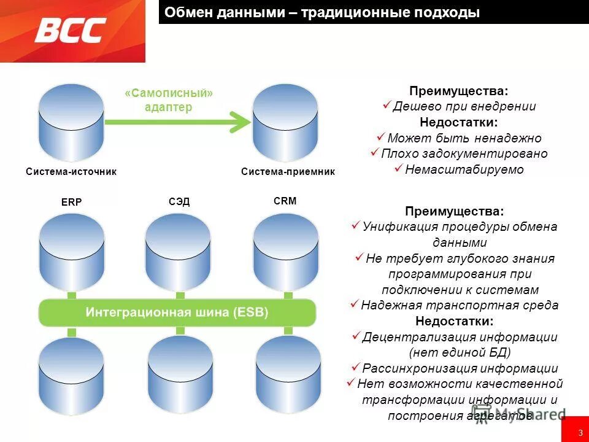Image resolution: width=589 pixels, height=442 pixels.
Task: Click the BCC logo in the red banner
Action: tap(71, 30)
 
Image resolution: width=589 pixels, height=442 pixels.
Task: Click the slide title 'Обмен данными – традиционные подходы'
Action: tap(322, 12)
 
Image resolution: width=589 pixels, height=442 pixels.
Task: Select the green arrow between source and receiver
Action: tap(178, 122)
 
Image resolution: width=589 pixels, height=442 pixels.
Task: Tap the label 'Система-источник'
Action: tap(71, 172)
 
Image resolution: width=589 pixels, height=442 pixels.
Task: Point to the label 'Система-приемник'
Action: tap(288, 172)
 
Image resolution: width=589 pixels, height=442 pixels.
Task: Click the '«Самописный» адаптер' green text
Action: tap(169, 100)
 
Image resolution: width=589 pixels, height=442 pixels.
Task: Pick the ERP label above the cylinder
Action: tap(71, 202)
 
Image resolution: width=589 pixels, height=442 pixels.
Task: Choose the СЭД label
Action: tap(179, 201)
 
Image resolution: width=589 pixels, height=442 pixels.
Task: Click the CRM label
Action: tap(285, 201)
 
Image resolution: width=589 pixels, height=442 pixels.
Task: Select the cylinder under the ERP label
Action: tap(71, 252)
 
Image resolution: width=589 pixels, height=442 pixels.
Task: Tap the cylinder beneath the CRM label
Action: tap(286, 252)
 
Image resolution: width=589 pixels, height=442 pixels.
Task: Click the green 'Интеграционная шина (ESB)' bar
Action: tap(177, 312)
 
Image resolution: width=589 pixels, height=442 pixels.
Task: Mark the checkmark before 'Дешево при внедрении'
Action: tap(387, 106)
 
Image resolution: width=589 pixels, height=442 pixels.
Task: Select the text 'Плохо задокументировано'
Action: tap(464, 153)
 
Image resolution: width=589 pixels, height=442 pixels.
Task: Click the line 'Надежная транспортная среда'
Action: tap(460, 305)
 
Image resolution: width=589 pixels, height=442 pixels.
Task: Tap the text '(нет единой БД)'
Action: tap(460, 352)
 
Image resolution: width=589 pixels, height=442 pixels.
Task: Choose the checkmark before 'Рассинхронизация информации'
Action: tap(355, 367)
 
